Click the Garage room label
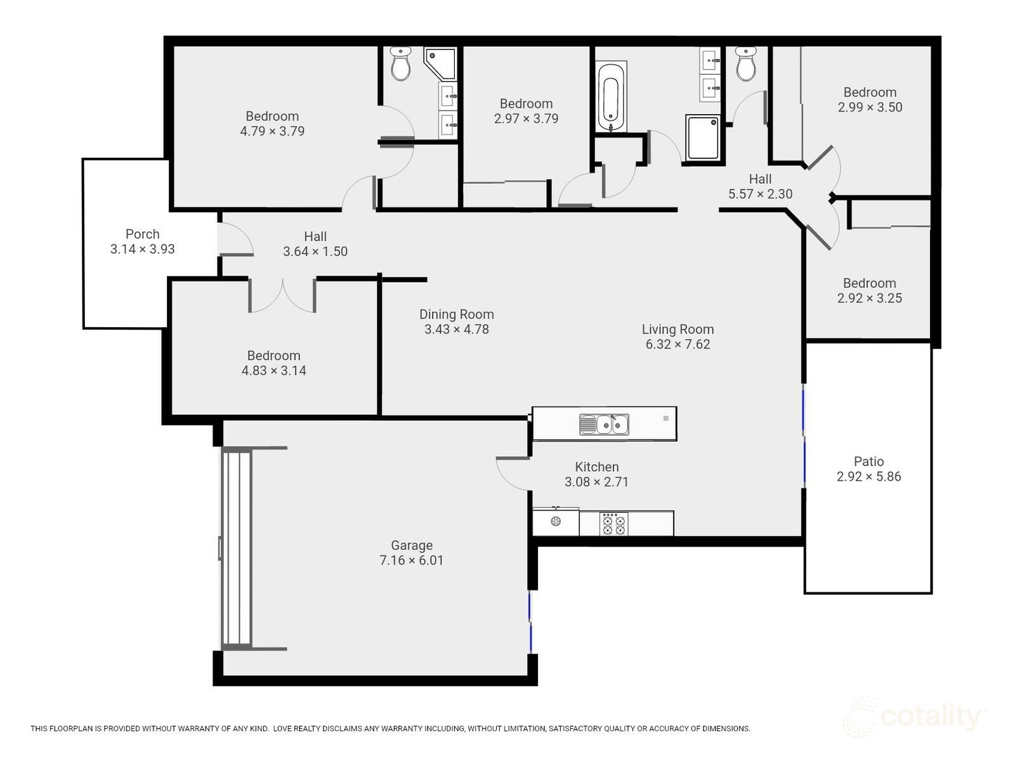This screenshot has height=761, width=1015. coord(412,545)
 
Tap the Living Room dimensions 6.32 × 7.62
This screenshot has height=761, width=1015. coord(678,344)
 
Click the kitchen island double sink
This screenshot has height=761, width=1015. coord(604,424)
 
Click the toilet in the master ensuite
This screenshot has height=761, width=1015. coord(400,64)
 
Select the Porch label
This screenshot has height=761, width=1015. coord(142,234)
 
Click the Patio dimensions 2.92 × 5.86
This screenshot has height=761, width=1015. coord(868,477)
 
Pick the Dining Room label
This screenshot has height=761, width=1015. coord(456,315)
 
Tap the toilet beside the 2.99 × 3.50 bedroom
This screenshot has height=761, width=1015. coord(746,64)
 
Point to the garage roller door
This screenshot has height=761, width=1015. coord(237,549)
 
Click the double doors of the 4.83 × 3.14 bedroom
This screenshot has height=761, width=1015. coord(282,296)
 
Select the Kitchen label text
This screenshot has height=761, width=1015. coord(596,467)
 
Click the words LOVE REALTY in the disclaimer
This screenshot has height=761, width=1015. coord(298,729)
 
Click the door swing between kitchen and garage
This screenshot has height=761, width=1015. coord(513,474)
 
